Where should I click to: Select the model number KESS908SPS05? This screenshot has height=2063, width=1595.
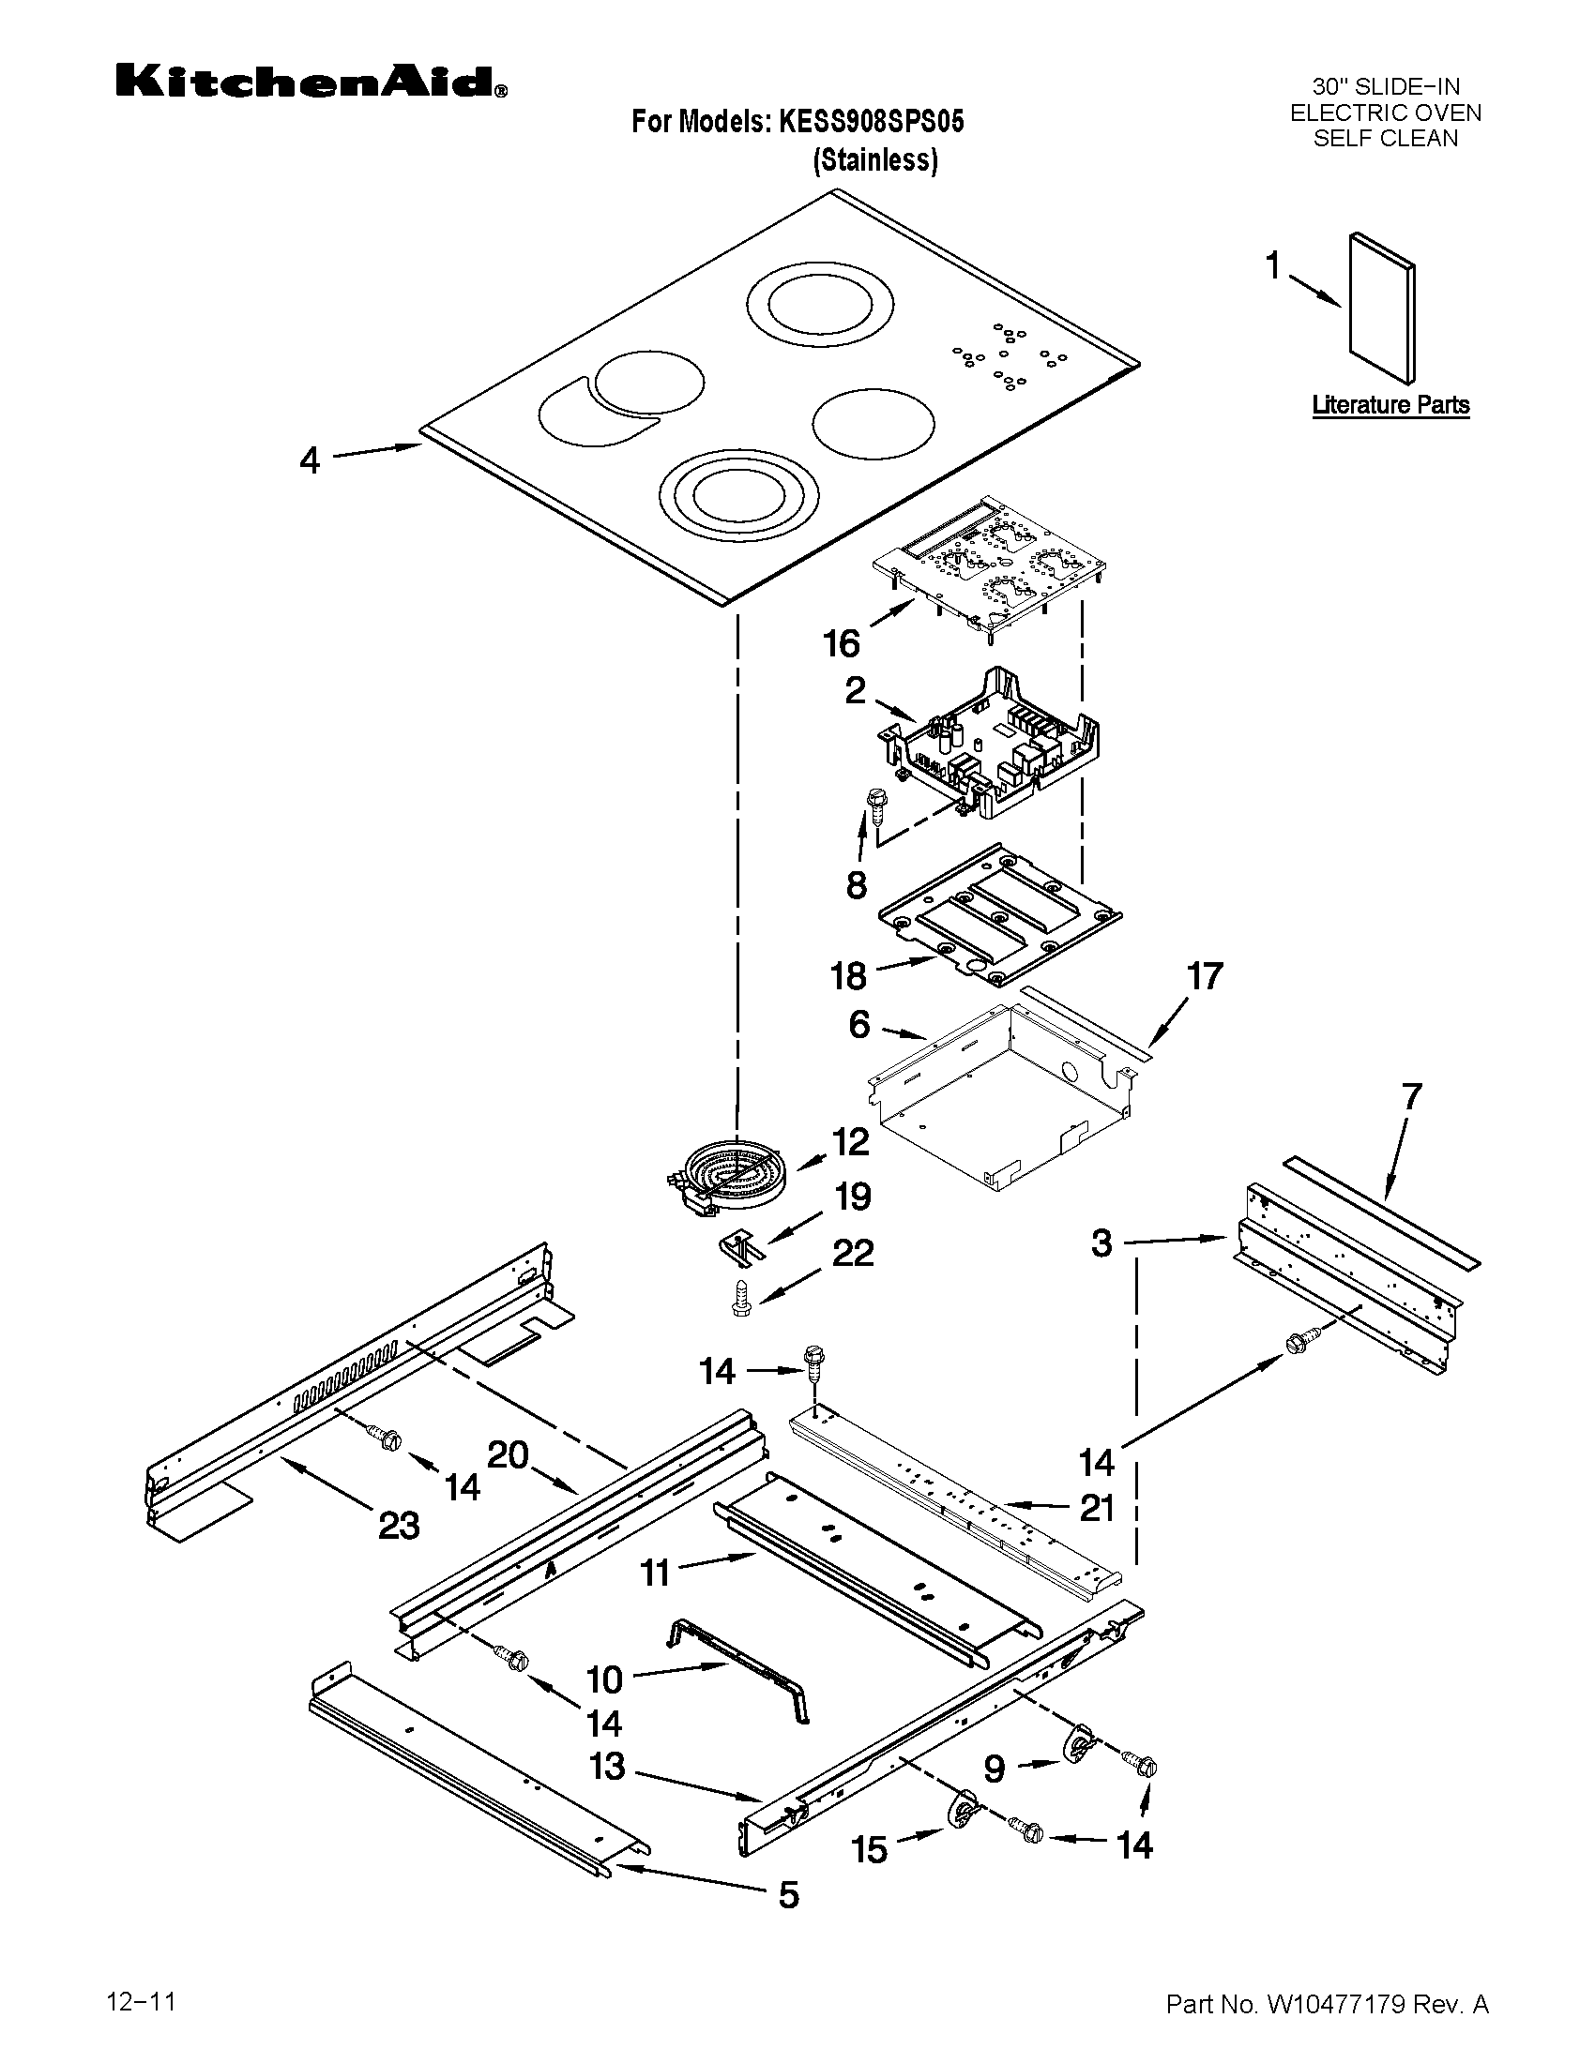click(x=871, y=122)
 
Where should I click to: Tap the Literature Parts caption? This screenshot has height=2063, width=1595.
click(x=1390, y=405)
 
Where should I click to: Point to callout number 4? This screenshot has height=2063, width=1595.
click(x=310, y=461)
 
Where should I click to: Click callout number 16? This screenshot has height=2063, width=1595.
click(x=841, y=644)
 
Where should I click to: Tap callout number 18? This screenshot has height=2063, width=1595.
click(x=847, y=976)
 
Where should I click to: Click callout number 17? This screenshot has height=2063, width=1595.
click(x=1205, y=976)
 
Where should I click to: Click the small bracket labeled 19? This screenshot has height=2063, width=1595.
click(x=740, y=1247)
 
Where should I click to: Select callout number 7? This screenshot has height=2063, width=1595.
click(x=1411, y=1098)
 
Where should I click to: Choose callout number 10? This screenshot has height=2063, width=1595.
click(x=605, y=1679)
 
